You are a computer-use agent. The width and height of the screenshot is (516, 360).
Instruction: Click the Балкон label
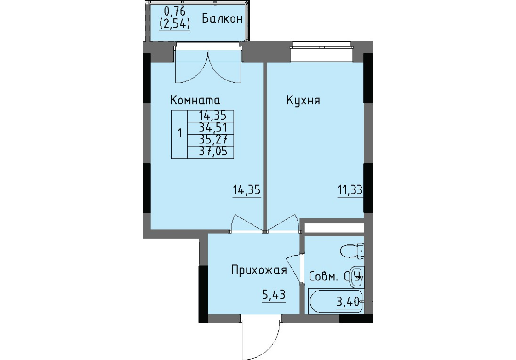pos(222,18)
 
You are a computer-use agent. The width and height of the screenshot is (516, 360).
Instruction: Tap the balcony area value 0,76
pos(175,11)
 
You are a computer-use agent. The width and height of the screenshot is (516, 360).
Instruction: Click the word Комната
pos(195,100)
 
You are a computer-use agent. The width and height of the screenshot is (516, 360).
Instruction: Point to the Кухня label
pos(303,100)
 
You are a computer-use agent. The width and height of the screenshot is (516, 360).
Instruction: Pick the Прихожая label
pos(259,270)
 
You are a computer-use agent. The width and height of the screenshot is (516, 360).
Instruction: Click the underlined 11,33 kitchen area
pos(350,190)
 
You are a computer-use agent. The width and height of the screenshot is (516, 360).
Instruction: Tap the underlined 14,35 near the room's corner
pos(247,190)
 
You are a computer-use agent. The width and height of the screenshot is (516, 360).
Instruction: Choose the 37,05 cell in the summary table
pos(213,152)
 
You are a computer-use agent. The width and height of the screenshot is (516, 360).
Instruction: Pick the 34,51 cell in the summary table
pos(213,128)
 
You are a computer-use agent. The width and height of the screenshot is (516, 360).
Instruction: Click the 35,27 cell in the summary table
pos(213,140)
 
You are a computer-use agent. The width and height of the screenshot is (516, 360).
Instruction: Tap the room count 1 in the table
pos(180,134)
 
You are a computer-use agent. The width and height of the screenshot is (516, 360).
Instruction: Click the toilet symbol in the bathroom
pos(352,251)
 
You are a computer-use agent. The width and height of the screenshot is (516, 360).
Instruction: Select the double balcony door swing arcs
pos(208,67)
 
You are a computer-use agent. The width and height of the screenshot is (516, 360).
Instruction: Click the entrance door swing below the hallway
pos(261,337)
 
